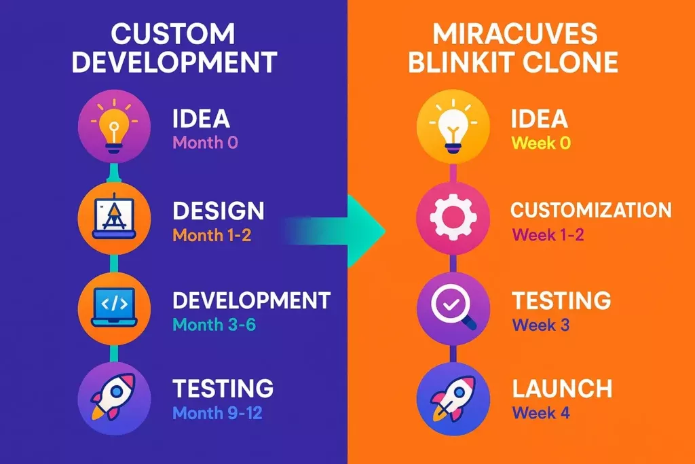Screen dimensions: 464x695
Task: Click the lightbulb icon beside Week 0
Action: coord(453,128)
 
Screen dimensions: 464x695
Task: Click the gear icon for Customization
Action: coord(453,217)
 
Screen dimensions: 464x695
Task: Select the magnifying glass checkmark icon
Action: coord(453,306)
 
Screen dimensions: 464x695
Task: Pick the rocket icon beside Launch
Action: coord(453,396)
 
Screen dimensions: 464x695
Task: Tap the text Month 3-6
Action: coord(214,324)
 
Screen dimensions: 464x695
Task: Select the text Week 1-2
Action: coord(548,235)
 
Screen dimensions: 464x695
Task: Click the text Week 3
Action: coord(540,324)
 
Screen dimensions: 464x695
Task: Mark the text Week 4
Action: coord(541,412)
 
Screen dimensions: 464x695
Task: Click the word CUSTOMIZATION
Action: coord(591,209)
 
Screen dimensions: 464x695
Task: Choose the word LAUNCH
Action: coord(563,389)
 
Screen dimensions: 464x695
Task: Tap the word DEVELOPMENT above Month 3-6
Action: coord(251,300)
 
